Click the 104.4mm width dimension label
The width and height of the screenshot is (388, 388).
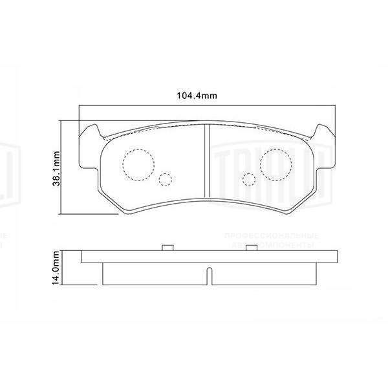tap(197, 96)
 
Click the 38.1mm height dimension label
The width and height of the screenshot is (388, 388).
tap(57, 167)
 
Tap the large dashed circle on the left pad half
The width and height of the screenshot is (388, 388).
tap(136, 164)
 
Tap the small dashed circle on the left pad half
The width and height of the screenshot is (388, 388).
tap(166, 180)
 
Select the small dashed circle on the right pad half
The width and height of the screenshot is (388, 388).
tap(248, 180)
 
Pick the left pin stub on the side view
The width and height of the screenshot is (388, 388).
tap(166, 248)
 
